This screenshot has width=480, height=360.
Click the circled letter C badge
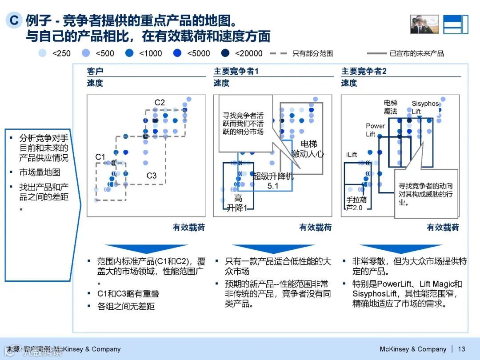click(x=15, y=20)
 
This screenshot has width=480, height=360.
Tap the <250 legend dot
click(x=43, y=53)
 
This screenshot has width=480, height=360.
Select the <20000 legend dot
click(x=225, y=53)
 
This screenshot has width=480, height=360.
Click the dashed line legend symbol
click(x=279, y=53)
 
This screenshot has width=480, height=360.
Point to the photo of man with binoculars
click(x=424, y=24)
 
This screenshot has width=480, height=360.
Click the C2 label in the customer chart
click(x=160, y=103)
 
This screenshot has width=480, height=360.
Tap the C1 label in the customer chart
click(x=100, y=157)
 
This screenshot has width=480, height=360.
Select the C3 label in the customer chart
click(x=152, y=176)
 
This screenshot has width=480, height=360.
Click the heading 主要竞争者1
click(x=236, y=71)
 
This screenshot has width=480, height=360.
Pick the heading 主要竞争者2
click(x=364, y=71)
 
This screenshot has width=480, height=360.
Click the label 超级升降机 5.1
click(x=273, y=181)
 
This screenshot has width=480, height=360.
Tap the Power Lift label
click(x=375, y=130)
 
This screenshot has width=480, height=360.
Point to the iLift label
click(x=351, y=155)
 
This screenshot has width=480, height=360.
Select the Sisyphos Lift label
click(x=425, y=107)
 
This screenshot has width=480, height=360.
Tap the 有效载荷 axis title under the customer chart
click(x=189, y=228)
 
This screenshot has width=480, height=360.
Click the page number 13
click(x=461, y=349)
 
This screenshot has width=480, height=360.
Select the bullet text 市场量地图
click(x=40, y=172)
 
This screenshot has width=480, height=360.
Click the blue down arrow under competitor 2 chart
click(x=401, y=248)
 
